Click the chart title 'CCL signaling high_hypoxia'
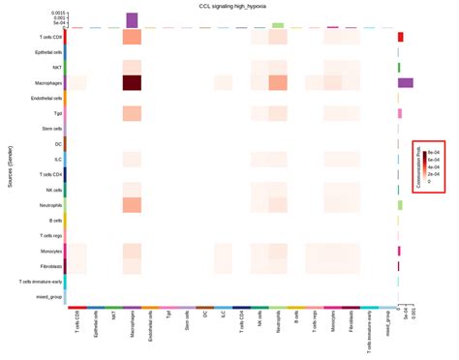229,5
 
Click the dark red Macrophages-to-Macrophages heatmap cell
132,82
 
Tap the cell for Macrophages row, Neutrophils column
278,82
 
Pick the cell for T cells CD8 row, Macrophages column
132,37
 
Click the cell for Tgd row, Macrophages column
132,113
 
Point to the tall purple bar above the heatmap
132,20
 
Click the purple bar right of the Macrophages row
406,82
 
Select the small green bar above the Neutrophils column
278,25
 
